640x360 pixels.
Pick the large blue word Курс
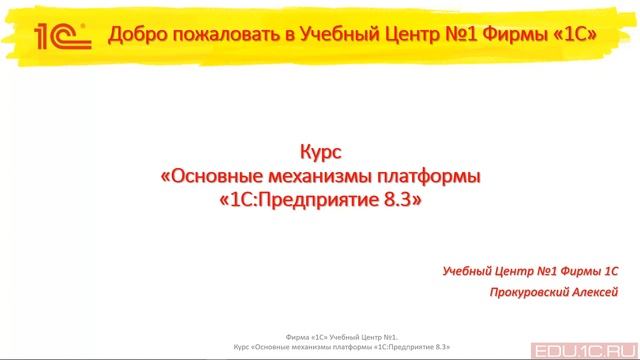click(320, 154)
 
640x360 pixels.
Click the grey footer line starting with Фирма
click(320, 338)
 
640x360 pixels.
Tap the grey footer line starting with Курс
click(320, 348)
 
